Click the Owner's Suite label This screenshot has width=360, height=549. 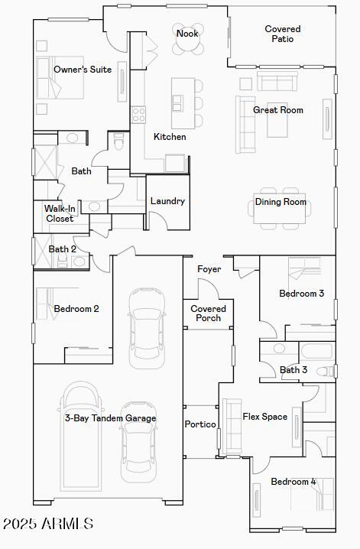coord(83,70)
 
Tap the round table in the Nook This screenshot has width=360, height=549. coord(187,44)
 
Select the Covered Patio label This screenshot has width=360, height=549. coord(283,34)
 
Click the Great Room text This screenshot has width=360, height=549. coord(278,110)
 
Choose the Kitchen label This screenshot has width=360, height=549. coord(170,137)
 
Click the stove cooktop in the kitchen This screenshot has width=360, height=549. coord(139,115)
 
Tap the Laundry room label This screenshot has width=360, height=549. coord(167,201)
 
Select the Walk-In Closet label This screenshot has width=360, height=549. coord(60,213)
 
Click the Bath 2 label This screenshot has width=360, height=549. coord(63,249)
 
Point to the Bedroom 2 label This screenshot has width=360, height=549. coord(76,309)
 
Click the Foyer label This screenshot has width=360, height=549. coord(209,269)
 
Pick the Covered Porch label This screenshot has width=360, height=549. coord(208,313)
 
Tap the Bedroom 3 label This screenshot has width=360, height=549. coord(301,294)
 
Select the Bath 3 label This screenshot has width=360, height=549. coord(294,370)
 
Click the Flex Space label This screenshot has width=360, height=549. coord(265,417)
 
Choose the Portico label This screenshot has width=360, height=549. coord(201,424)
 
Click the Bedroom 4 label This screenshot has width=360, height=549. coord(294,482)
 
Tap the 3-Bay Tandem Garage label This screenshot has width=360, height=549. coord(110,418)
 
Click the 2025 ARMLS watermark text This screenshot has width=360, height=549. coord(48,524)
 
